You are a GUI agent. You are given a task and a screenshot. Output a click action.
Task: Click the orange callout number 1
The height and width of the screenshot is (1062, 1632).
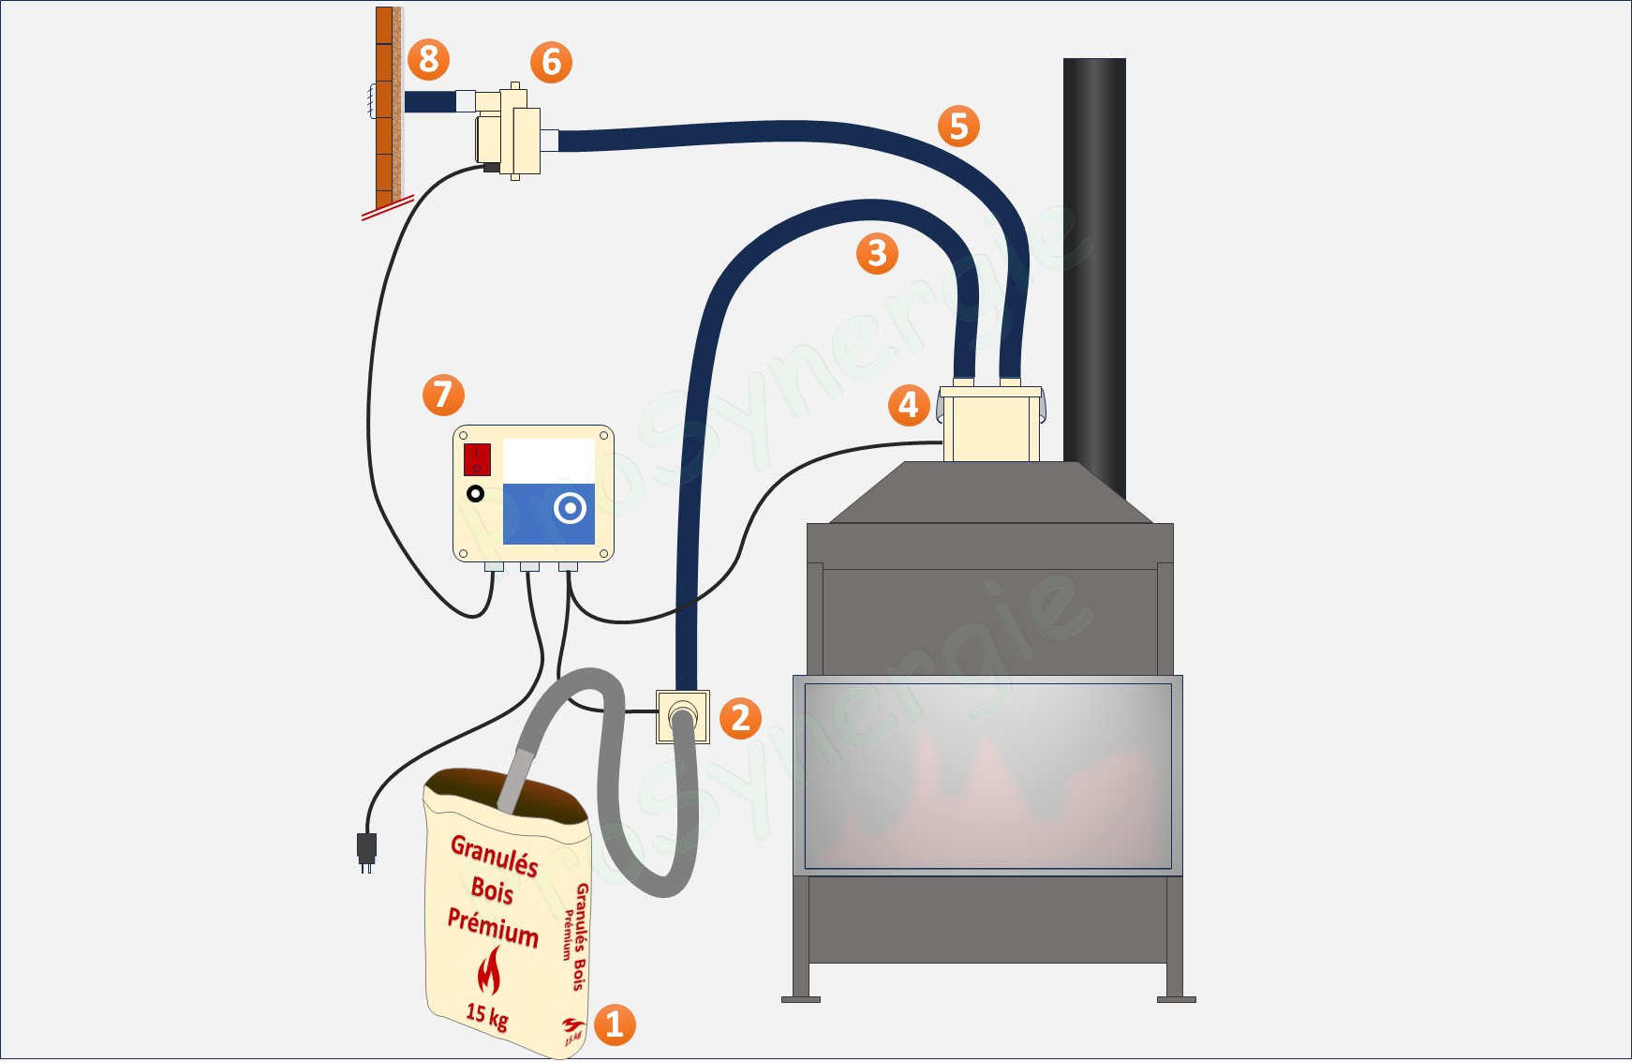point(615,1025)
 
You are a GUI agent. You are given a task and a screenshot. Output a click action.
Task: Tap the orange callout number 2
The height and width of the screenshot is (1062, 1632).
point(740,718)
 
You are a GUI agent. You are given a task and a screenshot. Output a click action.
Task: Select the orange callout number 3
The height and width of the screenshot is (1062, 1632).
point(877,253)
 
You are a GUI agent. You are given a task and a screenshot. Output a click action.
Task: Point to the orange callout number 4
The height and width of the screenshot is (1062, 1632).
point(909,405)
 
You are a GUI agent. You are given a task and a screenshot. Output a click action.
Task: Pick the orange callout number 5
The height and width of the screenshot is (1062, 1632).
point(958,126)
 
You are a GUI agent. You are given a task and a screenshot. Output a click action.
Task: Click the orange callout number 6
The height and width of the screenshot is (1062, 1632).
point(551,62)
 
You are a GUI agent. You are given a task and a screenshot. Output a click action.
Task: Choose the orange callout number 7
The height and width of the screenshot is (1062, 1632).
point(443,395)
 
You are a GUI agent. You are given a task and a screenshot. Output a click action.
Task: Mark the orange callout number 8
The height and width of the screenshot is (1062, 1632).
point(428,59)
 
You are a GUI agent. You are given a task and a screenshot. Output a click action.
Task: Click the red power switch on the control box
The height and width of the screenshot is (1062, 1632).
point(477,460)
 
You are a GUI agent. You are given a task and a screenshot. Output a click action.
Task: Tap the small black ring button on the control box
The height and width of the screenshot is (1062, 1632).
point(475,493)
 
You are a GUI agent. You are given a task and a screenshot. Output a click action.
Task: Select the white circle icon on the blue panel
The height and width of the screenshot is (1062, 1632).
point(570,508)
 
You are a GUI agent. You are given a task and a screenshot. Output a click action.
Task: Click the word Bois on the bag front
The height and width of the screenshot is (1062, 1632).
point(492,889)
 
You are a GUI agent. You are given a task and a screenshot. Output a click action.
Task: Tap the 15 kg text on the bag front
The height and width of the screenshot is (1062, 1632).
point(486,1015)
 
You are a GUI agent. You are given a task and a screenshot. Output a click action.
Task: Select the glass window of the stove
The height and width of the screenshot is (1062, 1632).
point(987,775)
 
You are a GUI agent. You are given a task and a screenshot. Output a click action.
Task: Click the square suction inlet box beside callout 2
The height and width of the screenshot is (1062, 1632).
point(682,717)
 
